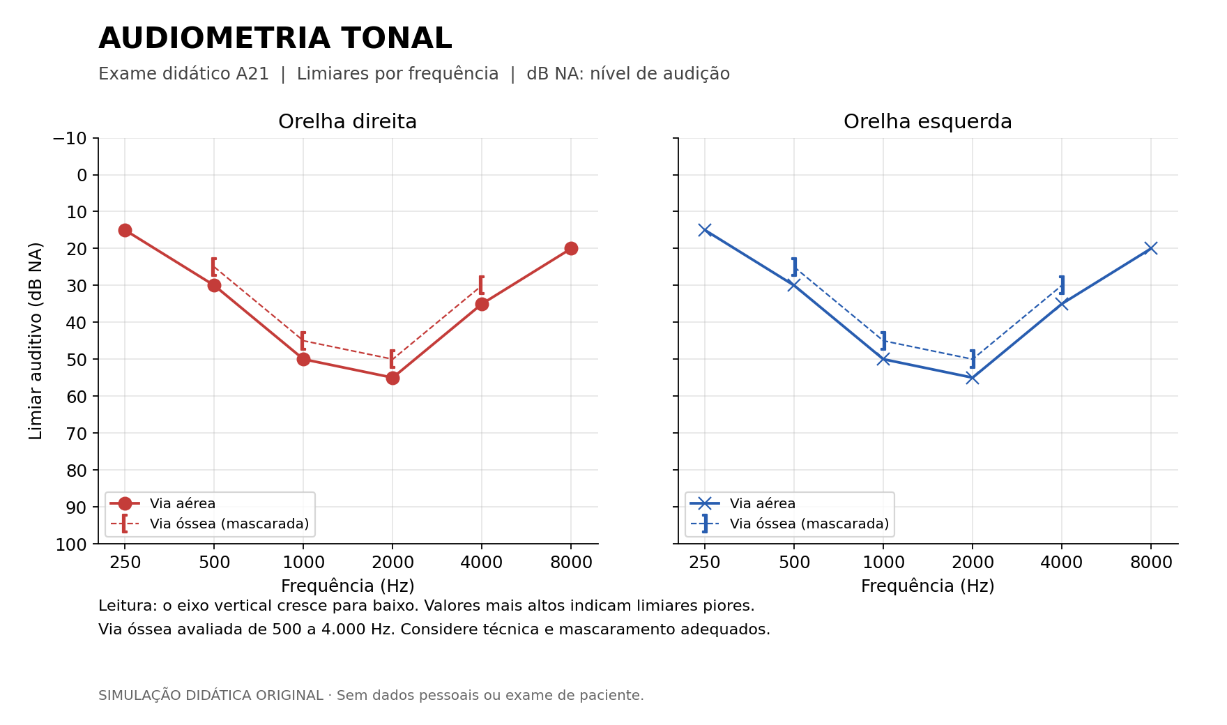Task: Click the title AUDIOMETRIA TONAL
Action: click(275, 39)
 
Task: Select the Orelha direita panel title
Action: click(347, 122)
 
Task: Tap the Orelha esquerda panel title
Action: click(927, 122)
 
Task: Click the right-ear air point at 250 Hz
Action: click(125, 230)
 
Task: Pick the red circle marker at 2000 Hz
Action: click(393, 378)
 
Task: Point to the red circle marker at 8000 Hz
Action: click(571, 248)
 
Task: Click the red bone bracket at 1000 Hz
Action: click(303, 341)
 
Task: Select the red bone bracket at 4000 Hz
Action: click(481, 285)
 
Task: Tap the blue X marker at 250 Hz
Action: click(705, 230)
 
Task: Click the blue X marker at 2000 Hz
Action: click(973, 378)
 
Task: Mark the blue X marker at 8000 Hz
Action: click(1151, 248)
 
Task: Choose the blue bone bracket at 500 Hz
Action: click(794, 267)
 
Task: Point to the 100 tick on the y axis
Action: click(72, 544)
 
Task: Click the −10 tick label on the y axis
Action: click(70, 138)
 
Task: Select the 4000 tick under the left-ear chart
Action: click(1062, 563)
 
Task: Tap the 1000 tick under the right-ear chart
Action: click(303, 563)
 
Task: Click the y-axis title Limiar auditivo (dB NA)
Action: click(36, 341)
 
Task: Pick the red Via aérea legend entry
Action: click(162, 503)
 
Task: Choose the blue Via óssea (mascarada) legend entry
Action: click(789, 524)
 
